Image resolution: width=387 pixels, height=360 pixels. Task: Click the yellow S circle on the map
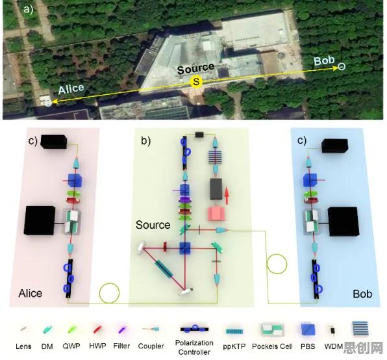[196, 81]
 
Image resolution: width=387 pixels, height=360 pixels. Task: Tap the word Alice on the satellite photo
[71, 89]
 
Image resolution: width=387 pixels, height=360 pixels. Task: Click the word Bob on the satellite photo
[324, 60]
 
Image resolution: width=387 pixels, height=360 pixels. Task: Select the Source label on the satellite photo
[195, 68]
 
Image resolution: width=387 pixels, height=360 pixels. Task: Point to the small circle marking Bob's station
[342, 66]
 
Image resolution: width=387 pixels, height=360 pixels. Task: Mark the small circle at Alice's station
[48, 103]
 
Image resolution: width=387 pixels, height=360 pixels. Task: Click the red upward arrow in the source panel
[227, 196]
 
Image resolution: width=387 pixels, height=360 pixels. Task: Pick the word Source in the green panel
[153, 225]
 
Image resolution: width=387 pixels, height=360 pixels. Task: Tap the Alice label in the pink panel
[31, 293]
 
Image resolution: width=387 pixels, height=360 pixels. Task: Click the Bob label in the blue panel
[362, 294]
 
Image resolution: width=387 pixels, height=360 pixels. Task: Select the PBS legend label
[308, 346]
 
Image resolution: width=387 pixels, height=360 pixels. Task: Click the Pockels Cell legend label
[272, 346]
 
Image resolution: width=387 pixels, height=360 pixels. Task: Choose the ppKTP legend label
[234, 346]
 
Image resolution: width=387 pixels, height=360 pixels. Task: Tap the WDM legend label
[333, 346]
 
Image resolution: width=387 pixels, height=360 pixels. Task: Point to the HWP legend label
[97, 346]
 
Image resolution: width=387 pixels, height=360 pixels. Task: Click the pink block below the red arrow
[216, 214]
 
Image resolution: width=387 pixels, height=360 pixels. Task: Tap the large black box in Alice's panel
[40, 220]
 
